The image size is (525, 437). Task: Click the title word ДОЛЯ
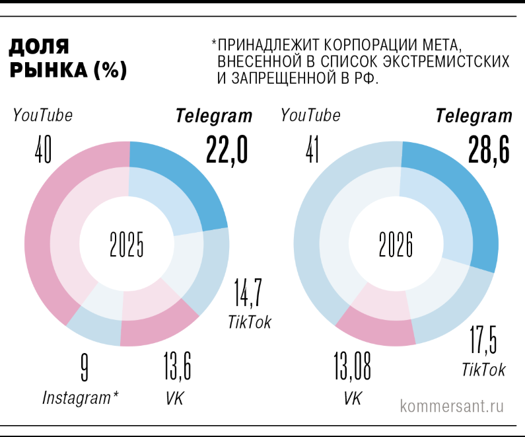click(x=39, y=47)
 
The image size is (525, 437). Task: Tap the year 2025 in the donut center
click(x=127, y=245)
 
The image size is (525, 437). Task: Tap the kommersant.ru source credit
click(x=452, y=405)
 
